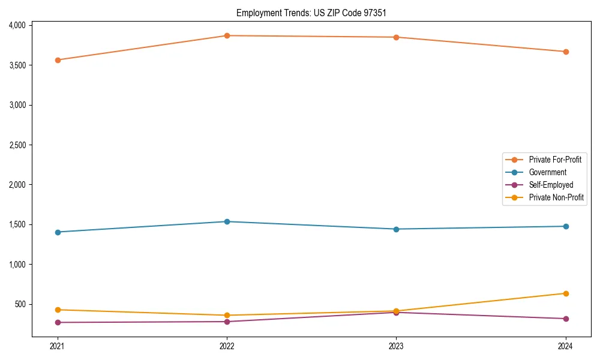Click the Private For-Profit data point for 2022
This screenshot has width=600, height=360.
[x=227, y=36]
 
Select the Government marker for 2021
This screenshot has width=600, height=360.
[x=58, y=232]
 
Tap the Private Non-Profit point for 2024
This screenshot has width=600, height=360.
[x=566, y=293]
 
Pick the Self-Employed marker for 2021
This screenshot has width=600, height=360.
[x=58, y=322]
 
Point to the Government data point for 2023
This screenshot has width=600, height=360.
[x=396, y=229]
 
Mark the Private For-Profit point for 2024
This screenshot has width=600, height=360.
[x=566, y=52]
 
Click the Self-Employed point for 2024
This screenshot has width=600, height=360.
[x=566, y=319]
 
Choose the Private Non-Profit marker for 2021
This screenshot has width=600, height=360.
[x=58, y=310]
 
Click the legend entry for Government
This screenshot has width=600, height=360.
[x=547, y=172]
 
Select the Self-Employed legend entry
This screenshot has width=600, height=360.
[x=551, y=185]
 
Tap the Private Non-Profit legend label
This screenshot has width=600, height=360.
[x=556, y=197]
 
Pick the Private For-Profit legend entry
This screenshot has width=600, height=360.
[x=555, y=160]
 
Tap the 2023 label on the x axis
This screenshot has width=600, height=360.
[x=396, y=346]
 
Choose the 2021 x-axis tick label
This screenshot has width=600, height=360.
[x=58, y=346]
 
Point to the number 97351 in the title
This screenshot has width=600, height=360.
[x=382, y=13]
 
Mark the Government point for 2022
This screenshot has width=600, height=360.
[x=227, y=221]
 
